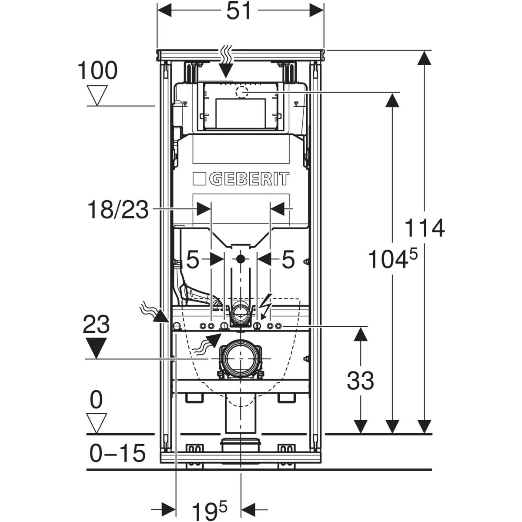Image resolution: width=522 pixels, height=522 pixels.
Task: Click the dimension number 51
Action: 240,11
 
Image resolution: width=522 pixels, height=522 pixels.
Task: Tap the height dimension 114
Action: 424,228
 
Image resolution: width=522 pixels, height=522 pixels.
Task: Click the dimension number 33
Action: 360,381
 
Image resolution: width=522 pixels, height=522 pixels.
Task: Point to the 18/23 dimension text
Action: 118,211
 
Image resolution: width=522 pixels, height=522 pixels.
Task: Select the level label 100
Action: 97,70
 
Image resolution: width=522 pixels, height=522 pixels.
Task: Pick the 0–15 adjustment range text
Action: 117,454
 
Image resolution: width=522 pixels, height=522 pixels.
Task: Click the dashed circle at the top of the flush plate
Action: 241,92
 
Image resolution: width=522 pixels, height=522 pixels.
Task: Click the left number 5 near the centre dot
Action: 193,260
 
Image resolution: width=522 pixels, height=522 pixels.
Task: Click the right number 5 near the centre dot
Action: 288,260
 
